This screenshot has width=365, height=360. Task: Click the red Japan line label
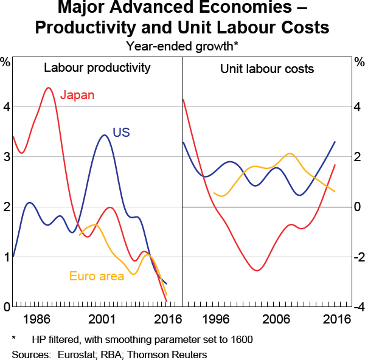78,95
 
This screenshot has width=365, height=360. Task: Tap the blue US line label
122,133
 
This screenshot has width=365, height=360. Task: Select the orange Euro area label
97,276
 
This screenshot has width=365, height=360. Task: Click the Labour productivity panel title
97,67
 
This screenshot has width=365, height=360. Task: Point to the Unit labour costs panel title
267,68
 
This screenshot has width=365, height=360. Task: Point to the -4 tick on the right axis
359,307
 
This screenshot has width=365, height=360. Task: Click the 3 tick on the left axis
6,157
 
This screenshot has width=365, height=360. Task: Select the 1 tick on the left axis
6,257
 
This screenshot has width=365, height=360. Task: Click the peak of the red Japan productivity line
48,88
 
